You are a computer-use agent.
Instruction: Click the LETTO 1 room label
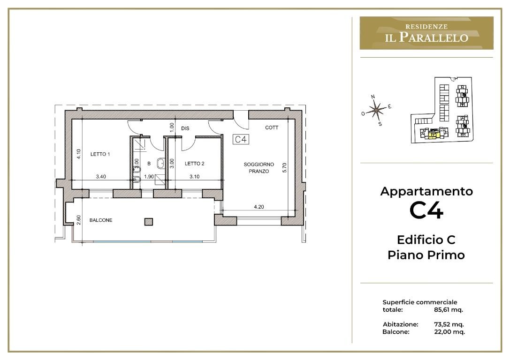click(x=100, y=154)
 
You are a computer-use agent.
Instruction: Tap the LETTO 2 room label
click(x=195, y=164)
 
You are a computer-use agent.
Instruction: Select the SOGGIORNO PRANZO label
click(x=259, y=168)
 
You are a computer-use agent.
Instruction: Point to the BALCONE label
click(x=101, y=220)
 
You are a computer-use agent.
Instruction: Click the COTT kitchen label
click(x=272, y=127)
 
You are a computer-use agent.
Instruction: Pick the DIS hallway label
click(x=185, y=128)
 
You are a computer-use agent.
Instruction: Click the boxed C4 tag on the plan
click(x=241, y=139)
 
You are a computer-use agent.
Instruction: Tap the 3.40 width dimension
click(x=101, y=176)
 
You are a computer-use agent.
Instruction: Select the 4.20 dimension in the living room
click(x=259, y=207)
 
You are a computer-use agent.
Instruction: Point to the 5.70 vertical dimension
click(x=285, y=168)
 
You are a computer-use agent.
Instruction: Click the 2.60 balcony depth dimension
click(x=78, y=220)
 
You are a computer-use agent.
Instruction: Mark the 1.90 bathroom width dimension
click(x=149, y=176)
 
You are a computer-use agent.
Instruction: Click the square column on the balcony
click(x=149, y=222)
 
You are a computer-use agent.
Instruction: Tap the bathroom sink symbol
click(x=160, y=164)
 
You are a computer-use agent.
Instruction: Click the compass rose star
click(x=376, y=110)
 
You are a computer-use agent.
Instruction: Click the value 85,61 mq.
click(x=448, y=309)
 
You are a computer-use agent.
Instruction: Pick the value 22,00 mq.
click(x=449, y=331)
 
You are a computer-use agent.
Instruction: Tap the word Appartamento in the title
click(x=426, y=191)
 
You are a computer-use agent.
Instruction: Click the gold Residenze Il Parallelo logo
click(x=426, y=33)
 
